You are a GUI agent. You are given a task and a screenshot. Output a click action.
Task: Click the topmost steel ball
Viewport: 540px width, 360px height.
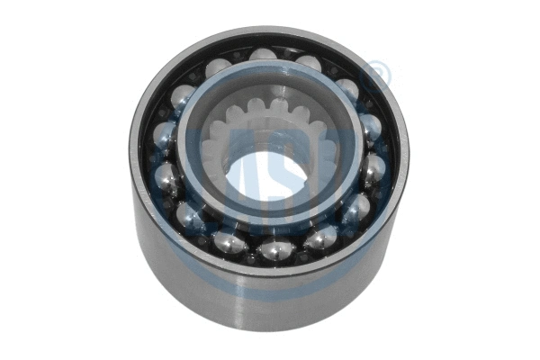[x=262, y=58]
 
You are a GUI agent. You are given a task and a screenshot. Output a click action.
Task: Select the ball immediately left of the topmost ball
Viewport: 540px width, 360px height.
[x=218, y=67]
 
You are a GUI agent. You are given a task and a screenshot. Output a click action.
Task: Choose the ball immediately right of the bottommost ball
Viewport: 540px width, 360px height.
[x=318, y=237]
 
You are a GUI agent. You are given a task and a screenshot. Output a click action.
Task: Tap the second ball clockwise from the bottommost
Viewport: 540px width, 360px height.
[x=190, y=213]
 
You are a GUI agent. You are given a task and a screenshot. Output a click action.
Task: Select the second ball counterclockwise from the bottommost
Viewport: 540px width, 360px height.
[x=355, y=210]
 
